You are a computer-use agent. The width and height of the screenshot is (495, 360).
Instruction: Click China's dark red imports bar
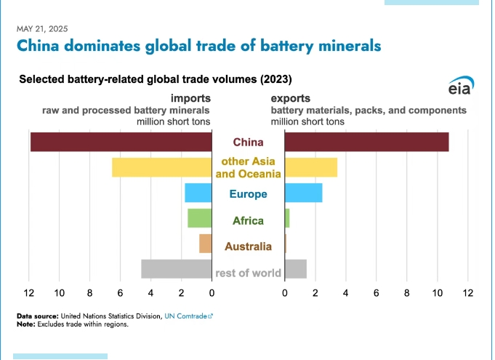pos(121,142)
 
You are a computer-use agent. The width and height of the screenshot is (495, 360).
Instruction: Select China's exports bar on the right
pos(366,142)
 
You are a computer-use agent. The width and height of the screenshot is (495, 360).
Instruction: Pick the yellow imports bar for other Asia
pos(161,167)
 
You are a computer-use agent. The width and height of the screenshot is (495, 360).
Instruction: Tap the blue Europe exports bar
pos(303,193)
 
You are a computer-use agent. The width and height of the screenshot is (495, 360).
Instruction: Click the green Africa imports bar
pos(199,218)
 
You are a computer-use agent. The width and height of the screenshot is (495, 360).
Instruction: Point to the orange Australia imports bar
pos(205,244)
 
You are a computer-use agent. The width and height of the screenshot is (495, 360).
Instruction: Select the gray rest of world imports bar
pos(176,269)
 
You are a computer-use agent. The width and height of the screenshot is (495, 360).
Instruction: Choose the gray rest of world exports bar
pos(295,269)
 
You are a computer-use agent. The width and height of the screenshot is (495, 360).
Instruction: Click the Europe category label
pos(248,194)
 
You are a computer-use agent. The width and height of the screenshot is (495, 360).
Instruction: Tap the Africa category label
pos(248,220)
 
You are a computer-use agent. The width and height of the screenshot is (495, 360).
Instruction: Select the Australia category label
pos(248,247)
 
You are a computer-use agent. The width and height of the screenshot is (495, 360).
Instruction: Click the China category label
pos(248,142)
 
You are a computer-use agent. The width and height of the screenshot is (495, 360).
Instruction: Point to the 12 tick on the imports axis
pos(29,293)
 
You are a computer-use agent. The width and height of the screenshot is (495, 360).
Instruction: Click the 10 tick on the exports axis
pos(438,293)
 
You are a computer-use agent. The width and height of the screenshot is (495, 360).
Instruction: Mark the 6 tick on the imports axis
pos(121,293)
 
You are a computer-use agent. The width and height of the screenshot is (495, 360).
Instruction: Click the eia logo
pos(459,87)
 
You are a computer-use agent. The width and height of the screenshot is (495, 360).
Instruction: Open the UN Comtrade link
pos(188,316)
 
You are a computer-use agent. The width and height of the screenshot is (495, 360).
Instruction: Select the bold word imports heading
pos(190,97)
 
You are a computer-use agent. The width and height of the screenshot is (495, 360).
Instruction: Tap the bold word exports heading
pos(291,97)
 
